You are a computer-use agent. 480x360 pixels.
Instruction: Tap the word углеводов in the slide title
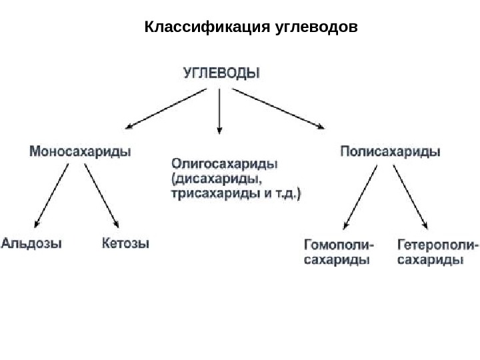click(x=316, y=28)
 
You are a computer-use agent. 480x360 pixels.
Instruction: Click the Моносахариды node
click(x=80, y=151)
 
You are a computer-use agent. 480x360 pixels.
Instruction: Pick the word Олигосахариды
click(x=226, y=163)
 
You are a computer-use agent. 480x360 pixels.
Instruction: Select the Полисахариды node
click(x=391, y=151)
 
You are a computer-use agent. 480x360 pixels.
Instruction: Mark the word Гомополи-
click(x=339, y=245)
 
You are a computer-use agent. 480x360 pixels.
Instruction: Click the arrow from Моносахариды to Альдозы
click(x=51, y=196)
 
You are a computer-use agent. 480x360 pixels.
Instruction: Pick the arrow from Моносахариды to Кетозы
click(x=102, y=196)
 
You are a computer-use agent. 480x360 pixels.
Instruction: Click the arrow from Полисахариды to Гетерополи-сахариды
click(x=410, y=196)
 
